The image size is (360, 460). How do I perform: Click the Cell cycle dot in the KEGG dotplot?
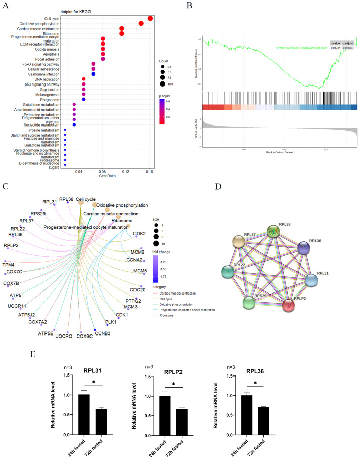(x=150, y=19)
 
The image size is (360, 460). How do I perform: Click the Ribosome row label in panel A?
(x=51, y=33)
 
